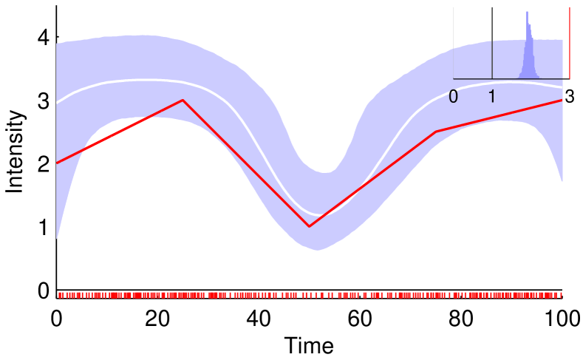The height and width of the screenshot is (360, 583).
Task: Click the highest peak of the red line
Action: point(183,100)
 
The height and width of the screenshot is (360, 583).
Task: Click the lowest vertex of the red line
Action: point(309,226)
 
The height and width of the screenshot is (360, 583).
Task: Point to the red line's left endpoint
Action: point(57,163)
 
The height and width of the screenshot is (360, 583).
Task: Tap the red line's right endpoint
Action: point(562,100)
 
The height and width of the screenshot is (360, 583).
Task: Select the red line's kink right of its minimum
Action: point(436,132)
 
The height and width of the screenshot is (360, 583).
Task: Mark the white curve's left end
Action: point(57,103)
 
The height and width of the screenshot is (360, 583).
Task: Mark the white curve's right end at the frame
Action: point(562,87)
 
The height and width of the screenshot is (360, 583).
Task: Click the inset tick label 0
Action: point(453,97)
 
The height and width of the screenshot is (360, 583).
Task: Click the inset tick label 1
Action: point(492,97)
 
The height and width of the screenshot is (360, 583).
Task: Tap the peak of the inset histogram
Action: point(527,13)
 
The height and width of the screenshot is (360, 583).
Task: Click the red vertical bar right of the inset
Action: point(569,43)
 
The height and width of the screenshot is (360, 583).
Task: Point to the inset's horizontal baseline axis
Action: point(510,78)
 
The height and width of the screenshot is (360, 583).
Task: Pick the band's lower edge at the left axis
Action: point(57,240)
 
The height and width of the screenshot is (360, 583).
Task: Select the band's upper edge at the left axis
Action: point(57,43)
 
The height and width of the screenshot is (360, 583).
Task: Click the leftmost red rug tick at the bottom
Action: point(59,295)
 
